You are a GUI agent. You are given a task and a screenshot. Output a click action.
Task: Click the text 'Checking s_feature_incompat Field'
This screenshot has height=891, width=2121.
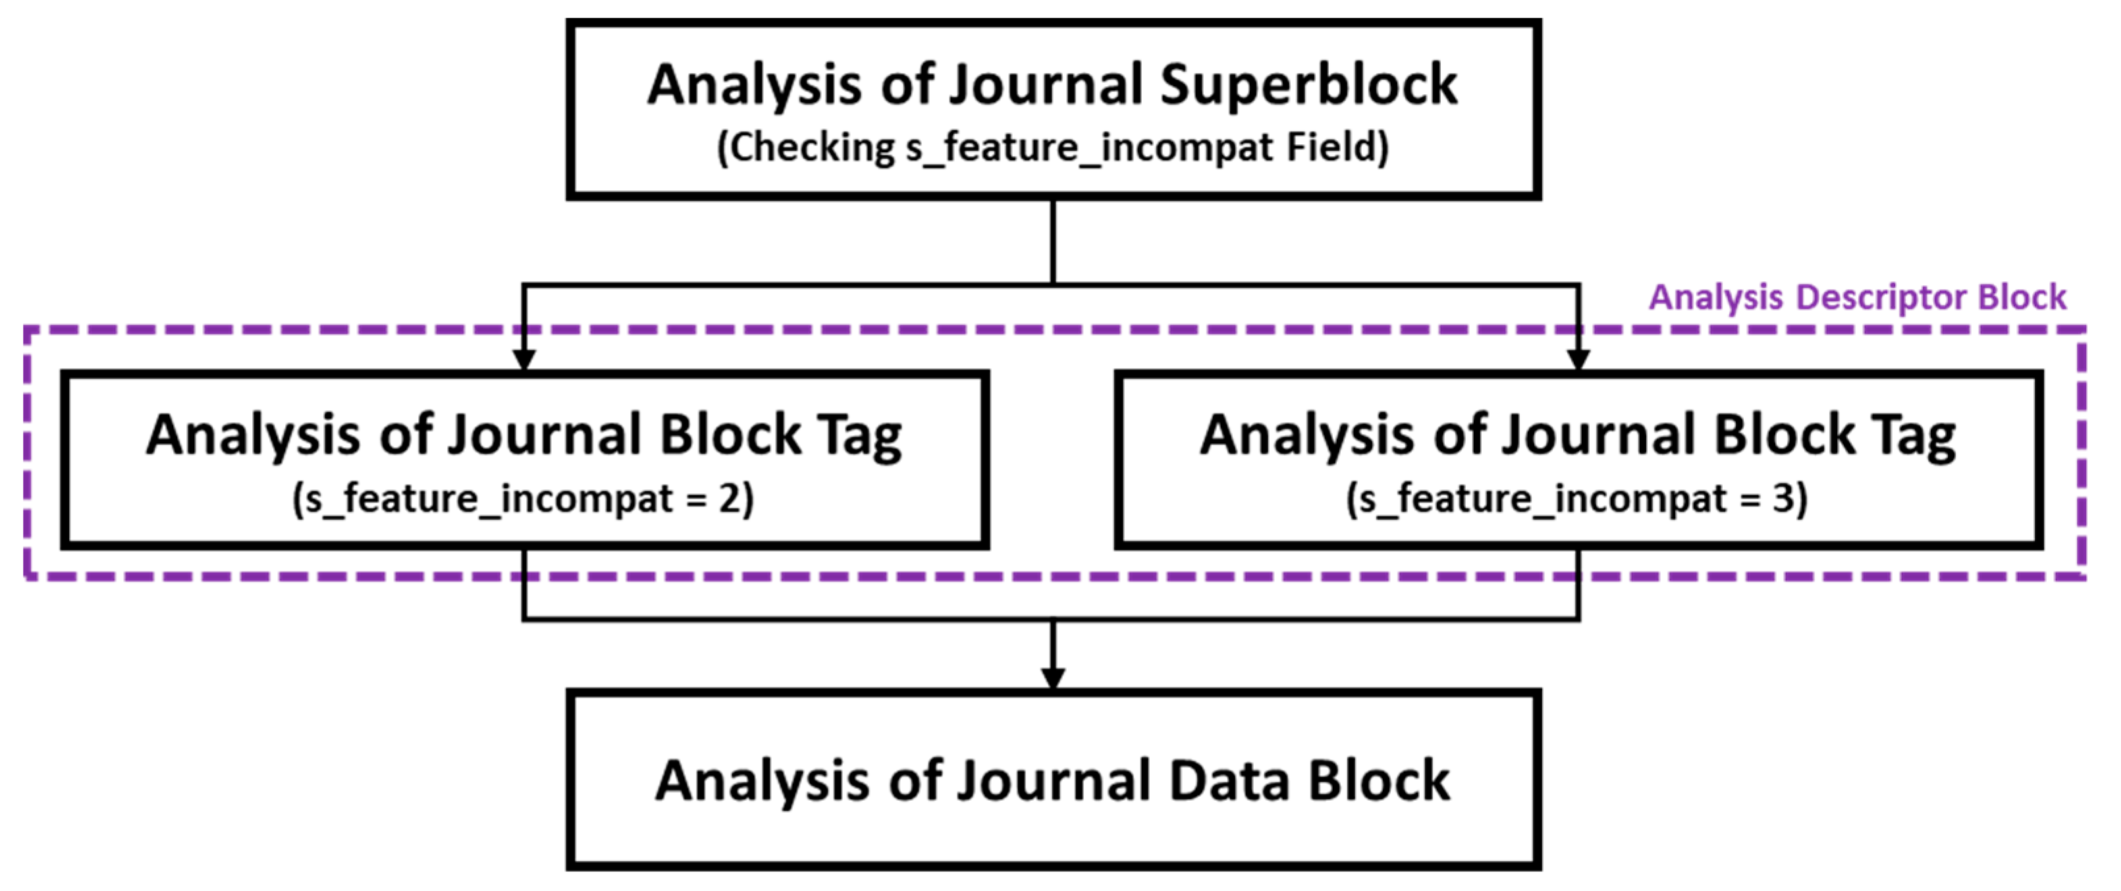[x=1052, y=148]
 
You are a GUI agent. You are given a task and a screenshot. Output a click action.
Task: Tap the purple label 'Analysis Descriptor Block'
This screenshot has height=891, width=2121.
[x=1857, y=297]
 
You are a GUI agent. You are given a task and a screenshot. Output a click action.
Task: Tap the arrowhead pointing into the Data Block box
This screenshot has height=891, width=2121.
[x=1053, y=678]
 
